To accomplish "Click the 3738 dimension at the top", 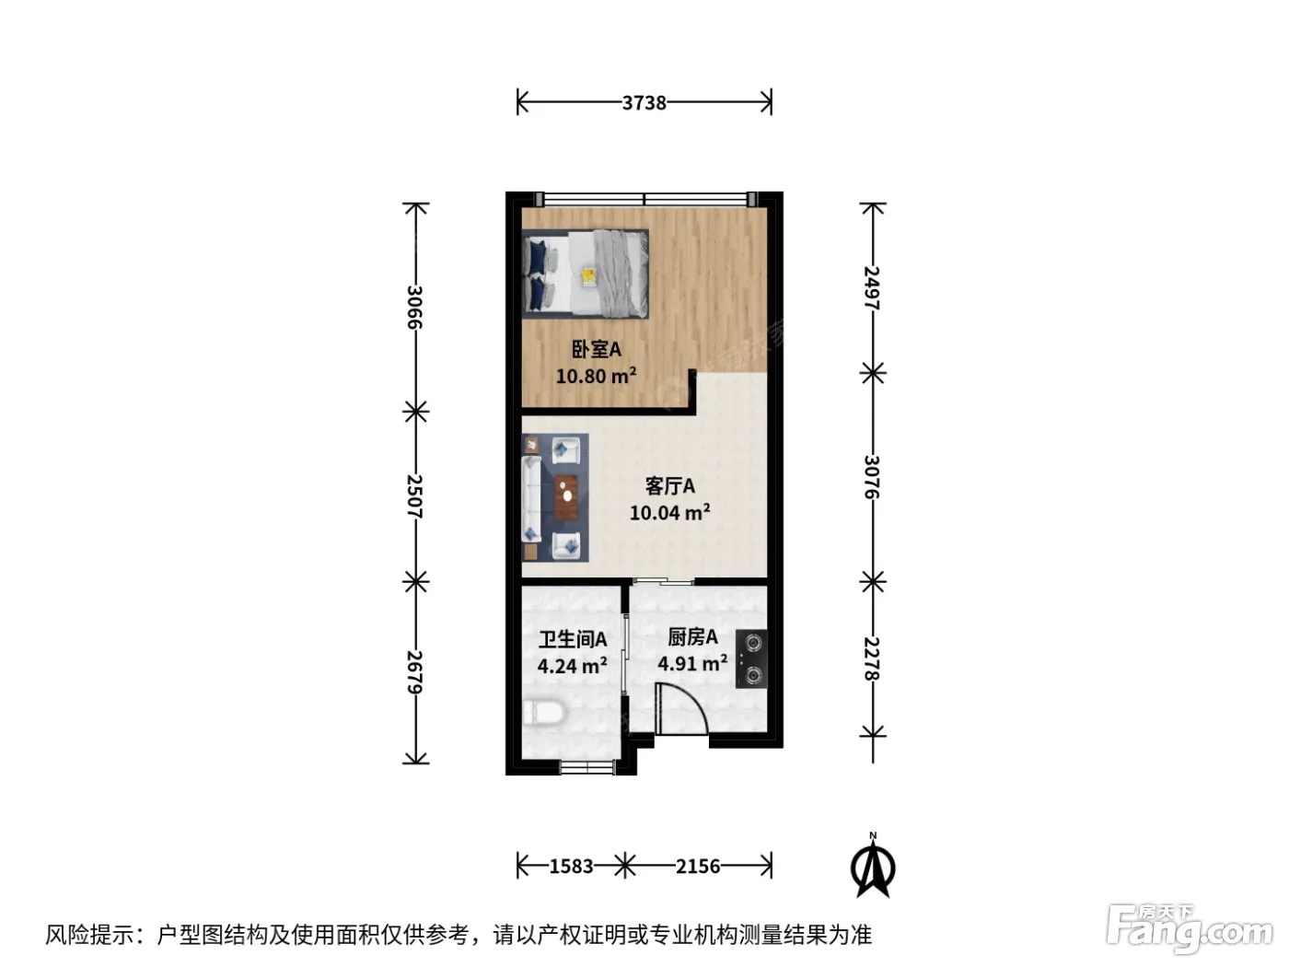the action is click(x=644, y=103).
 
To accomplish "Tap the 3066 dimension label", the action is click(x=414, y=307).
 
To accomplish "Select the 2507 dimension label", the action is click(x=414, y=496).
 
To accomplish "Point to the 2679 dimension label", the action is click(x=414, y=671).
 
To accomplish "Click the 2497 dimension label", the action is click(x=872, y=287).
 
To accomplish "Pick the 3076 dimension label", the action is click(x=872, y=477).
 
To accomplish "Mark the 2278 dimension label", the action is click(x=872, y=658).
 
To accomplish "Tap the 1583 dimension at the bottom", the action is click(x=571, y=866).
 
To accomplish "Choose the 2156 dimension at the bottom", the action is click(x=698, y=866).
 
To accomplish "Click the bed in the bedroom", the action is click(x=586, y=274).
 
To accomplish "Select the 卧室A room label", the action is click(x=596, y=349).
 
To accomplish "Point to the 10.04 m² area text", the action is click(x=669, y=512).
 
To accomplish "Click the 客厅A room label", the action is click(x=669, y=485).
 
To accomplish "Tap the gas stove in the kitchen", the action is click(x=751, y=658).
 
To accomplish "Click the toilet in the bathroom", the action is click(x=544, y=714).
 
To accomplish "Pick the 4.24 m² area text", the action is click(x=572, y=666).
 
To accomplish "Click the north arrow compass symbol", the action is click(x=873, y=866).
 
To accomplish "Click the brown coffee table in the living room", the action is click(x=566, y=497).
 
